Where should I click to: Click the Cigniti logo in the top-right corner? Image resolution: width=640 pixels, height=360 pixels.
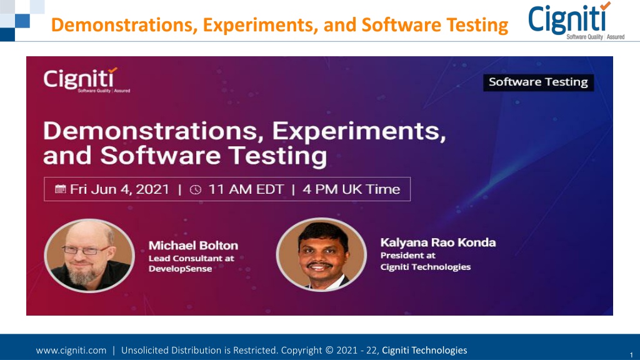tap(576, 21)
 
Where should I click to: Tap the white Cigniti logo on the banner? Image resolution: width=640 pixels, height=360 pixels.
tap(86, 80)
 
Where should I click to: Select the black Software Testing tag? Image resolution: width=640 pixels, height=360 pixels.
tap(538, 82)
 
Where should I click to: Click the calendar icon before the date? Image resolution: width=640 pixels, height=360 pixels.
tap(61, 189)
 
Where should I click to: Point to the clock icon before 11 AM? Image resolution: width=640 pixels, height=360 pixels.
tap(196, 189)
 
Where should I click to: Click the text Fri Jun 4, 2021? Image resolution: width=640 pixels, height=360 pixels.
tap(119, 189)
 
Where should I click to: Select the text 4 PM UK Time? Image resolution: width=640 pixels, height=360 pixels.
tap(351, 189)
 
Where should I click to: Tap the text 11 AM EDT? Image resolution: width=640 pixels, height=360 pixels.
tap(246, 189)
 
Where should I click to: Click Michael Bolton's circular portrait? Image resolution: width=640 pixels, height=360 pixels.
tap(89, 256)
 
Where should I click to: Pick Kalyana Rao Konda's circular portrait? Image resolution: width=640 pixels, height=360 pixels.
tap(321, 254)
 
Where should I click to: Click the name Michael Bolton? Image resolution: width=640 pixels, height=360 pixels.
tap(193, 245)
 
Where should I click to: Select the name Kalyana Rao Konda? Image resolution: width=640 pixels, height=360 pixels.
tap(438, 242)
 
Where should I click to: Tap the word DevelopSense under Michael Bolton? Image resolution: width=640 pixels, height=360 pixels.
tap(180, 269)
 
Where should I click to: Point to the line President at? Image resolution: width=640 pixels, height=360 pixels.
tap(407, 256)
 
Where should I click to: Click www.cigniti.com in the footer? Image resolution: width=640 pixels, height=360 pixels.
tap(71, 350)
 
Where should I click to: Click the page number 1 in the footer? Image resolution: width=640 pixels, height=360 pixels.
tap(631, 355)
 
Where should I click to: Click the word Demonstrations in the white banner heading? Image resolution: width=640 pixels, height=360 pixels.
tap(155, 131)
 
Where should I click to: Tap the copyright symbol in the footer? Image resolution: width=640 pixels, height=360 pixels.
tap(329, 350)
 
